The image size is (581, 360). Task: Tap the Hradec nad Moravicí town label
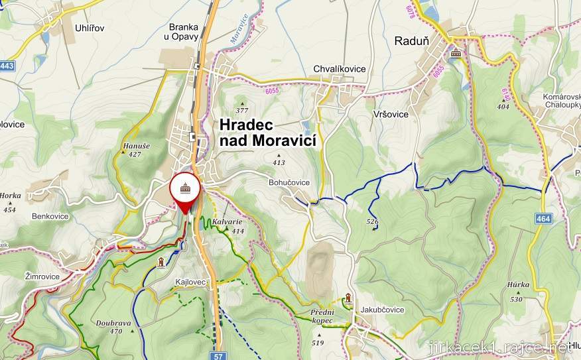[x=267, y=132]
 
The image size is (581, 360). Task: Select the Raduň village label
[x=412, y=40]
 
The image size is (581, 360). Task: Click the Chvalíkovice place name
[x=339, y=69]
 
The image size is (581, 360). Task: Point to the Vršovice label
[x=390, y=114]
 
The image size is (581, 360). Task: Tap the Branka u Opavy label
[x=184, y=31]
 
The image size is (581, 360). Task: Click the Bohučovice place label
[x=289, y=182]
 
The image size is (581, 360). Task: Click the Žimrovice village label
[x=42, y=276]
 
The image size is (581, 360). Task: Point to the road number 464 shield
[x=543, y=218]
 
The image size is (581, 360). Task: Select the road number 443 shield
[x=7, y=66]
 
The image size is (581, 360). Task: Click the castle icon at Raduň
[x=456, y=54]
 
